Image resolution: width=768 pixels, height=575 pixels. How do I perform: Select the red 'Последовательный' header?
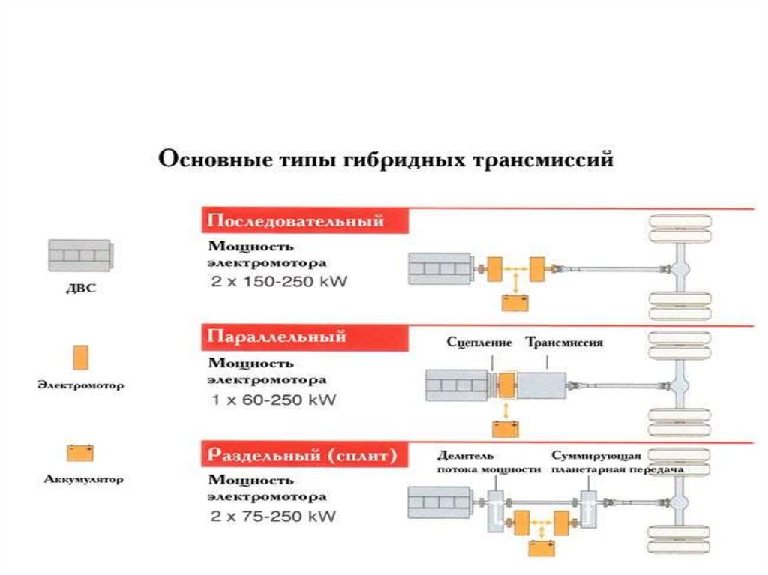(x=295, y=222)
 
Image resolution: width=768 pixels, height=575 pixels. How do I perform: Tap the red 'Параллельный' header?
(x=277, y=337)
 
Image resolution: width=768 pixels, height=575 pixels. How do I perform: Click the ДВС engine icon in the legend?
(x=79, y=256)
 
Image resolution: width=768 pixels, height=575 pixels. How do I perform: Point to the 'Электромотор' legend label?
(x=80, y=386)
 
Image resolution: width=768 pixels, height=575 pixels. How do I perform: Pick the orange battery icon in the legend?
(x=79, y=453)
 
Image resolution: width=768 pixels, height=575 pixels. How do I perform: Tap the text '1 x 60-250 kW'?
(x=274, y=400)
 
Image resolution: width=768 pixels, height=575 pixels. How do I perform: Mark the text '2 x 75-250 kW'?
(x=273, y=517)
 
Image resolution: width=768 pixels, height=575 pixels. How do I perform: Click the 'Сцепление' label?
(x=478, y=343)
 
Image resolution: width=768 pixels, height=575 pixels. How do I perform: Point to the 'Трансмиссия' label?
(x=564, y=343)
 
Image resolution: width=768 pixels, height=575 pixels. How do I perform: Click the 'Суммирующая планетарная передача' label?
(x=616, y=463)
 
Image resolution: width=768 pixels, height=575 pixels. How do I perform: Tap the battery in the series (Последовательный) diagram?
(x=515, y=302)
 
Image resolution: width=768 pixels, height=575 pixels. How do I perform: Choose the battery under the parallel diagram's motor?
(x=505, y=428)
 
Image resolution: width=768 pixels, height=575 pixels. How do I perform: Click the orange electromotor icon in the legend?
(x=79, y=357)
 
